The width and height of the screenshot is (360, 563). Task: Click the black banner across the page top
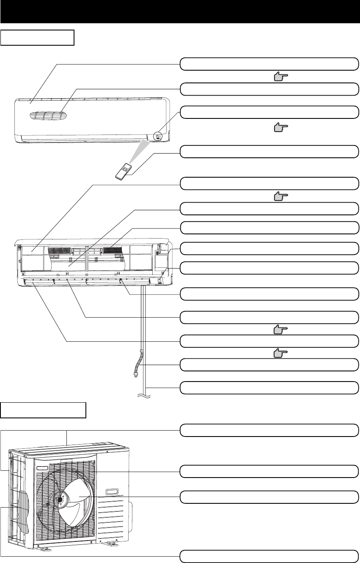click(x=180, y=11)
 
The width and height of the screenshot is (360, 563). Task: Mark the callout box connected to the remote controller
click(x=269, y=151)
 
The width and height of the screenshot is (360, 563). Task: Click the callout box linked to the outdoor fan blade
click(x=269, y=497)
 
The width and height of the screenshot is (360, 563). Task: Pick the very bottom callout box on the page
click(x=269, y=555)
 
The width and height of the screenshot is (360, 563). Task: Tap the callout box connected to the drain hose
click(x=269, y=364)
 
